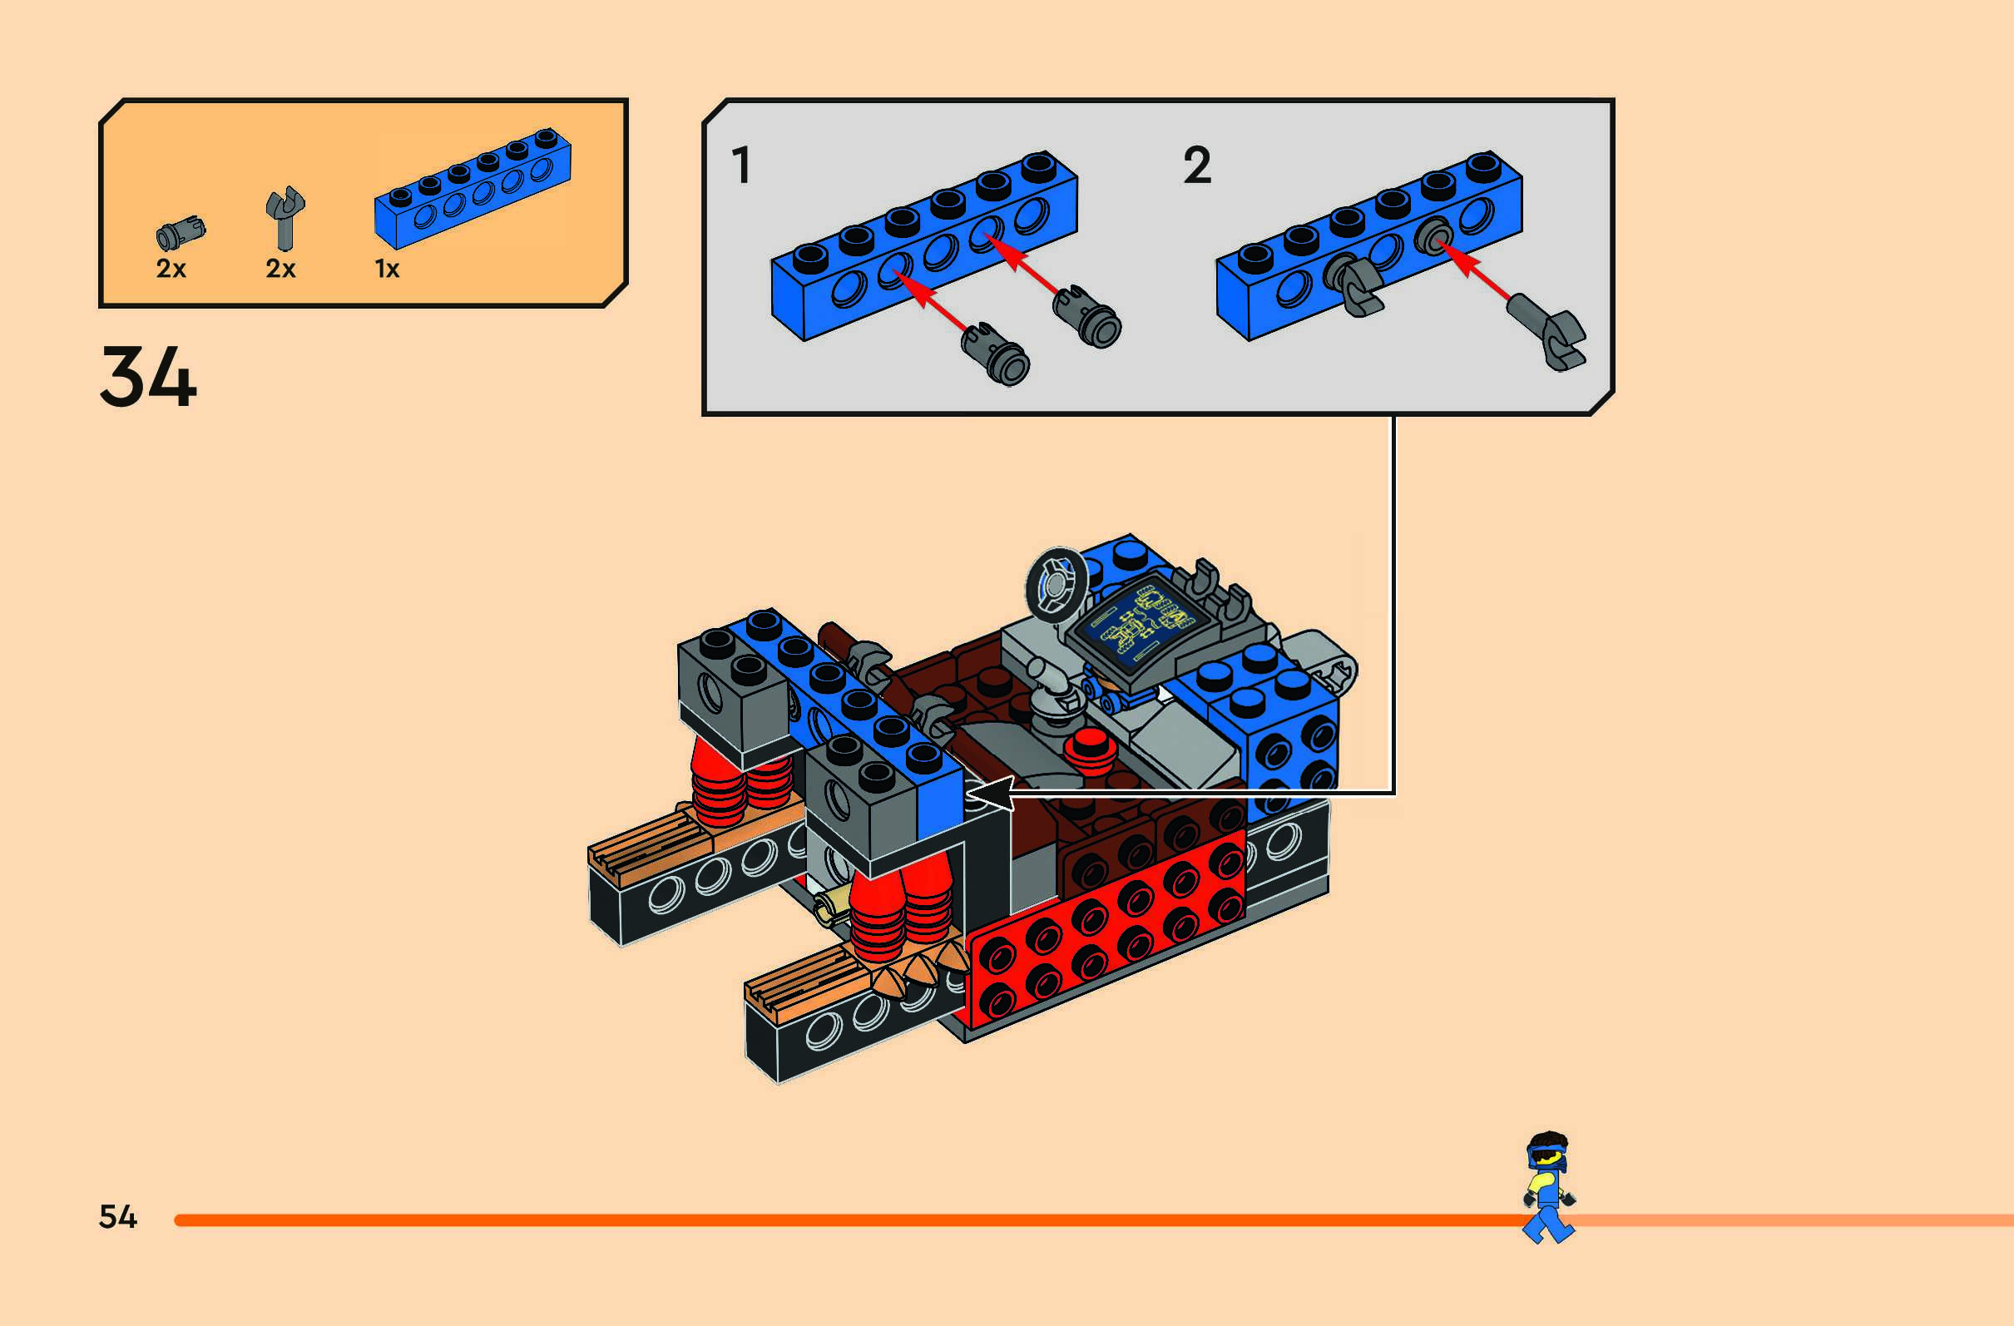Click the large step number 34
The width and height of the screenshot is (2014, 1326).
pos(148,378)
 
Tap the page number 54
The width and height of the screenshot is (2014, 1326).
pos(117,1217)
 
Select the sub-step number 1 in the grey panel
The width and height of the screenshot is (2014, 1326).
pos(741,165)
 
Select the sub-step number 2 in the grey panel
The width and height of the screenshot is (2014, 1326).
pos(1196,165)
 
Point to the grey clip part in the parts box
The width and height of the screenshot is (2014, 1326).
pos(285,216)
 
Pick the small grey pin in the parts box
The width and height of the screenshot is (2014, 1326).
pos(181,232)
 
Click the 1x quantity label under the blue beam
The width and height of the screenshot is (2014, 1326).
pos(387,269)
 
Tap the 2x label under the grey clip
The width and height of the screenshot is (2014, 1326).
pos(280,269)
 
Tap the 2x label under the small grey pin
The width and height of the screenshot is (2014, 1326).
pos(171,269)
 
